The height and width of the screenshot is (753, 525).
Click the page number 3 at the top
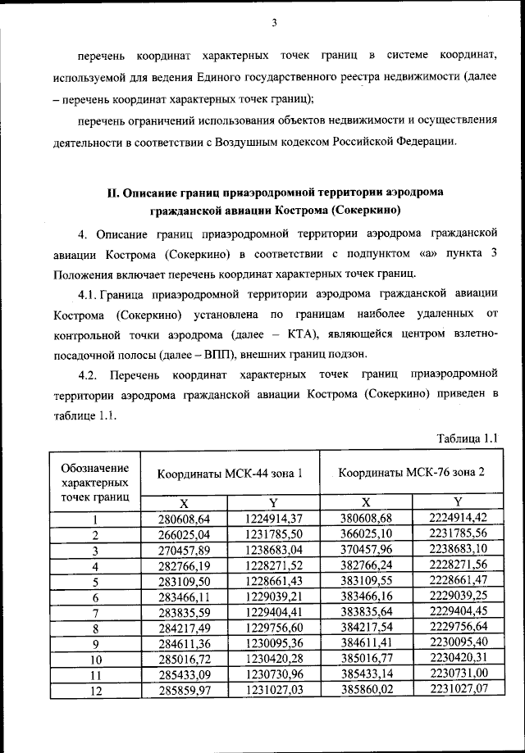pos(274,22)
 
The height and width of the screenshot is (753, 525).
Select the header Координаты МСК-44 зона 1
pos(229,473)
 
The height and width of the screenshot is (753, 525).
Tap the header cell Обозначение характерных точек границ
pos(95,482)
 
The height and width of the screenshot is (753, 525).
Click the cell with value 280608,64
pos(184,518)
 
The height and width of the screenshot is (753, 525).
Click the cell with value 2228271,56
pos(458,565)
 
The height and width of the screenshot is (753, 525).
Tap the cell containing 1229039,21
pos(273,597)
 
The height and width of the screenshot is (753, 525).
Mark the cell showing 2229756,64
pos(458,628)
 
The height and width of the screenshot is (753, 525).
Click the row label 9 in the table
pos(95,645)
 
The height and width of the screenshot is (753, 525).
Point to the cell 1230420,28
pos(273,660)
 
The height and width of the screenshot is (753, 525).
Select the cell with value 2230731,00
pos(458,676)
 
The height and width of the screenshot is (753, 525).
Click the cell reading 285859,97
pos(184,692)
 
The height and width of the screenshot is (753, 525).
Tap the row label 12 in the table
pos(95,692)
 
